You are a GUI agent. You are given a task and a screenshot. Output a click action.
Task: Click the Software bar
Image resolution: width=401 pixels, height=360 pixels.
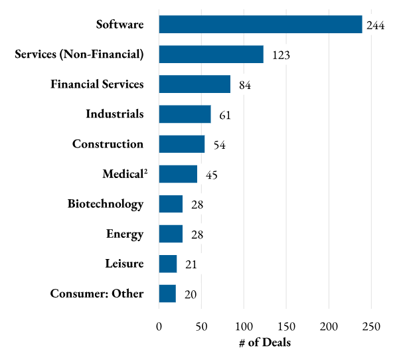tap(260, 25)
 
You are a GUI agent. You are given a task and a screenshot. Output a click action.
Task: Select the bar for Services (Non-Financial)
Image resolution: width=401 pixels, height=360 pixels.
tap(211, 54)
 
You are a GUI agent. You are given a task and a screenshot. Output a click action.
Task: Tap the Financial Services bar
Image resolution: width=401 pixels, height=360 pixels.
tap(195, 84)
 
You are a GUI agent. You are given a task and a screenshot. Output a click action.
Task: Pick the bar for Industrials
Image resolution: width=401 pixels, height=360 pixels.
tap(185, 114)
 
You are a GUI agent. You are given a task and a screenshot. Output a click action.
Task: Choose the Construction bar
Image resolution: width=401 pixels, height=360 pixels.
tap(182, 144)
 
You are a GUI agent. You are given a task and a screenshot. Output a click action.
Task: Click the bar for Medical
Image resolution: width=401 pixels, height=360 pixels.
tap(178, 174)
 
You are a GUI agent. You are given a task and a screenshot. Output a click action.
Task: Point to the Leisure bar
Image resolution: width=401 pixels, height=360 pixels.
tap(168, 264)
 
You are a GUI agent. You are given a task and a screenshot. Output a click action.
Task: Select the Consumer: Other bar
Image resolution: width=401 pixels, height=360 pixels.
tap(167, 294)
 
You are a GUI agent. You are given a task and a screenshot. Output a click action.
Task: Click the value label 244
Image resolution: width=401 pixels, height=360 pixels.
tap(376, 26)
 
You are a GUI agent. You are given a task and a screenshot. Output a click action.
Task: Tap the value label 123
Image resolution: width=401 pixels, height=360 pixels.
tap(281, 56)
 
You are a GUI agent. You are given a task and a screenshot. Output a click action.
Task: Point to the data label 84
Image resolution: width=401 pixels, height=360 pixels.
tap(245, 86)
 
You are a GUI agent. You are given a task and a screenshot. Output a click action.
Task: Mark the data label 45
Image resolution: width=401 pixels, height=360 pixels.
tap(212, 175)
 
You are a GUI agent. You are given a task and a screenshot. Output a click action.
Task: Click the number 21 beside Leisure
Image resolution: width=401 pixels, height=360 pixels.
tap(191, 265)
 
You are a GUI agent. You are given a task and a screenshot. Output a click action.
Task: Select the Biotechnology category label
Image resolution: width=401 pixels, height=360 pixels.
tap(106, 204)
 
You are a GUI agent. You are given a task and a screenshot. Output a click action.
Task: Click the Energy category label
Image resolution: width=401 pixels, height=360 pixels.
tap(125, 234)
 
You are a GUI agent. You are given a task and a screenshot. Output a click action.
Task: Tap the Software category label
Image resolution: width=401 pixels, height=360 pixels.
tap(120, 25)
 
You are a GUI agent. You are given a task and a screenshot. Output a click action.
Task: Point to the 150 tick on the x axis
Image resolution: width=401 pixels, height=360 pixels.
tap(286, 326)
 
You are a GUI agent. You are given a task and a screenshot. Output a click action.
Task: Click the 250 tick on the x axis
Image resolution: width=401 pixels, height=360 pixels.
tap(371, 326)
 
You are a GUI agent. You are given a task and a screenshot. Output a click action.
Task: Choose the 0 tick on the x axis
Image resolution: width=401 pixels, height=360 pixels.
tap(159, 326)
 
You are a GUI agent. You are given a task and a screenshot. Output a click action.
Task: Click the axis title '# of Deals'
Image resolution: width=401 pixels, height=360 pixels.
tap(264, 343)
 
